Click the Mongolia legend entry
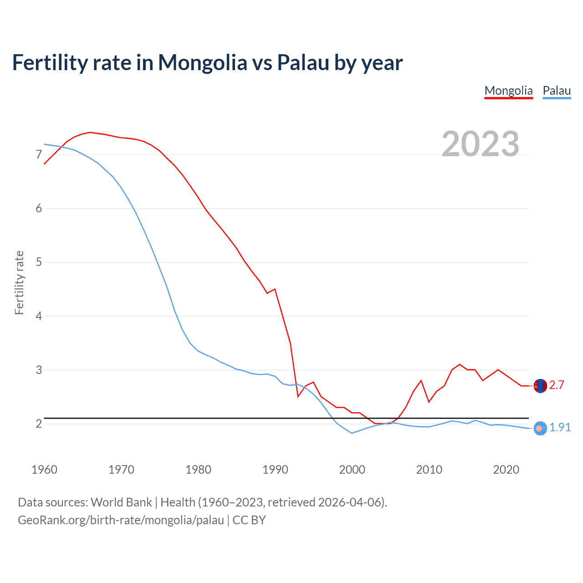pos(508,91)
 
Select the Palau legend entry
pos(557,91)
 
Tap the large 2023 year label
pos(480,144)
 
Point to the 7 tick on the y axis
pos(39,155)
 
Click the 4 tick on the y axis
pos(39,316)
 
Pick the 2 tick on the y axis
pos(39,424)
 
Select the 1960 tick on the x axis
pos(44,470)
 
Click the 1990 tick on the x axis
pos(275,470)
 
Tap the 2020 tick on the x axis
pos(506,470)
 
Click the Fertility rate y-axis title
pos(19,282)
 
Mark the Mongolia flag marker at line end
pos(540,386)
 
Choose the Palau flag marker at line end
pos(540,428)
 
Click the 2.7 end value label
pos(557,385)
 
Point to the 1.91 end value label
pos(560,427)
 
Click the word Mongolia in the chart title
pos(202,62)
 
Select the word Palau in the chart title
pos(303,62)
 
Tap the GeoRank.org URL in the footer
pos(121,520)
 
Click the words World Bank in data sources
pos(121,502)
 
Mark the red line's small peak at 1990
pos(275,289)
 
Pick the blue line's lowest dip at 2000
pos(352,433)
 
